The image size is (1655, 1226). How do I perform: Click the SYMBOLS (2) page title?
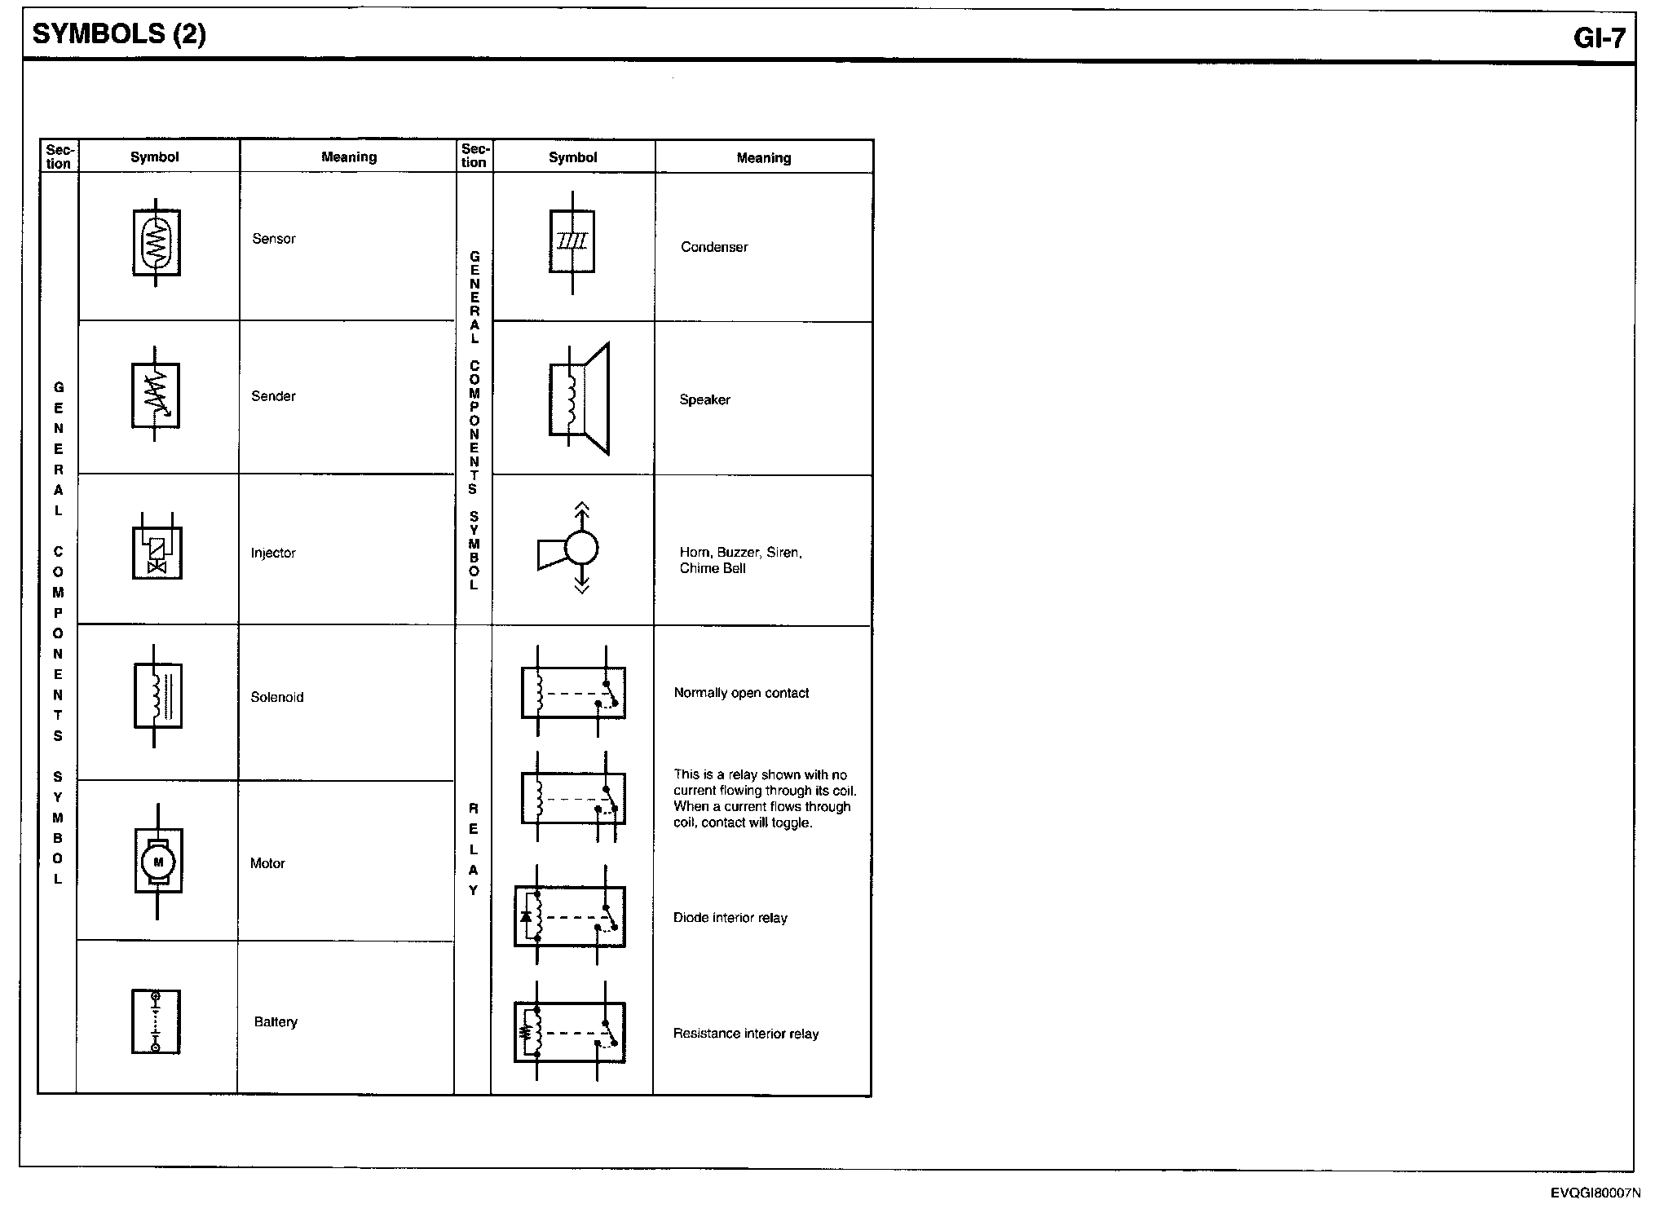[x=119, y=34]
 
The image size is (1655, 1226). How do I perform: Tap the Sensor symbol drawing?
[x=157, y=243]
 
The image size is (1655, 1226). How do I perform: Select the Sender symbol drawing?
[x=156, y=395]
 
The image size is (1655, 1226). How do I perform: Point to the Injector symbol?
[x=157, y=546]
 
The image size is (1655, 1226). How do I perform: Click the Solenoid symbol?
[x=157, y=695]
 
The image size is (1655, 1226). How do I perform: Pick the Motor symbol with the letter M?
[x=158, y=862]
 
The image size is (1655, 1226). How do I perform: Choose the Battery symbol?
[x=156, y=1021]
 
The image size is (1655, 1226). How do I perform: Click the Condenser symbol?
[x=572, y=242]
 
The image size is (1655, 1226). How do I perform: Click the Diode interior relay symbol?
[x=570, y=916]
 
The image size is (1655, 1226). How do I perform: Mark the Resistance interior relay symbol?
[x=570, y=1032]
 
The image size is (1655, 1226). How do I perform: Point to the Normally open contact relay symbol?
[x=573, y=692]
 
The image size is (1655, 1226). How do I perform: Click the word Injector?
[x=273, y=553]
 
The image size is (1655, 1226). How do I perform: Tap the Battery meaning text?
[x=276, y=1022]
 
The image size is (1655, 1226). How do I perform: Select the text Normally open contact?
[x=741, y=693]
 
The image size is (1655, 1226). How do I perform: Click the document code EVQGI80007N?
[x=1595, y=1193]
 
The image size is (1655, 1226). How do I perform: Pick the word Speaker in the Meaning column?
[x=704, y=400]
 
